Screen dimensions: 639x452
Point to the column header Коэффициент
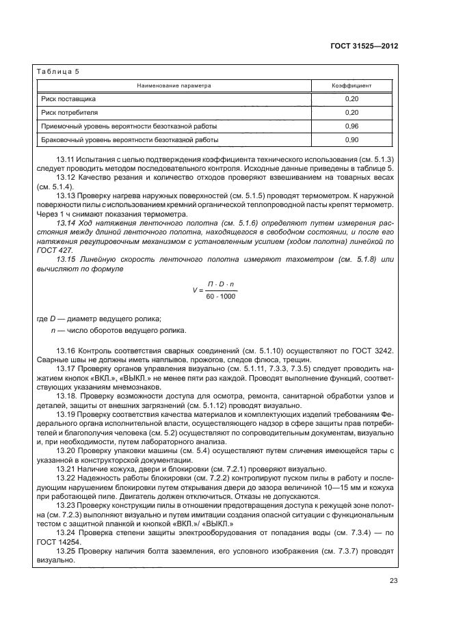[x=352, y=86]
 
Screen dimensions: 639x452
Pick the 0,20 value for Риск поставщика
[x=352, y=99]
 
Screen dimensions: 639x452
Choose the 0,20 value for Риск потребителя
[x=352, y=113]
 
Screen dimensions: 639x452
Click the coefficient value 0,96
[x=352, y=126]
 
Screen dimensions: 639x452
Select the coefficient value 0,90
[x=352, y=140]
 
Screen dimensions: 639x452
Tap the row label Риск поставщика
[x=68, y=99]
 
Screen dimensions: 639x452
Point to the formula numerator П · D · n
[x=221, y=284]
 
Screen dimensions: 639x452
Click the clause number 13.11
[x=66, y=160]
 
